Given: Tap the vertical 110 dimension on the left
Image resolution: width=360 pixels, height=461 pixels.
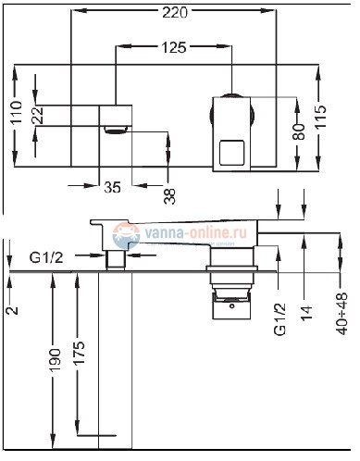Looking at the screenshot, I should (16, 118).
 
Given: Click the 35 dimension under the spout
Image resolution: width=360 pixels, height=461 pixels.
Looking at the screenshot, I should (112, 186).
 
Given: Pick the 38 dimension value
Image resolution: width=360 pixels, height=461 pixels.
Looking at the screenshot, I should (169, 196).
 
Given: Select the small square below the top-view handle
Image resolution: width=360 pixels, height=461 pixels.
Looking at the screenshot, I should (230, 151).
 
